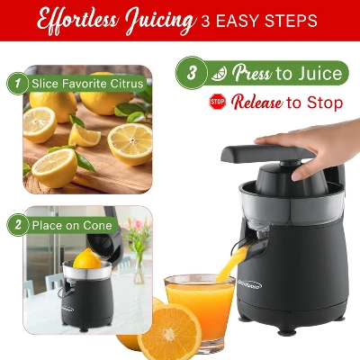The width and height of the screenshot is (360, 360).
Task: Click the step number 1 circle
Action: pyautogui.click(x=16, y=84)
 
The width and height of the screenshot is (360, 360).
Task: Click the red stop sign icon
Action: pyautogui.click(x=217, y=102)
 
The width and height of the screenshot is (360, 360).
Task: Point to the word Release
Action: pyautogui.click(x=256, y=102)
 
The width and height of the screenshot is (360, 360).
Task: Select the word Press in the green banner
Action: pyautogui.click(x=251, y=73)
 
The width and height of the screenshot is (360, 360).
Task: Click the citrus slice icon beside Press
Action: pyautogui.click(x=219, y=73)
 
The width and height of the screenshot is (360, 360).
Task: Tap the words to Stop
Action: pyautogui.click(x=315, y=102)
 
